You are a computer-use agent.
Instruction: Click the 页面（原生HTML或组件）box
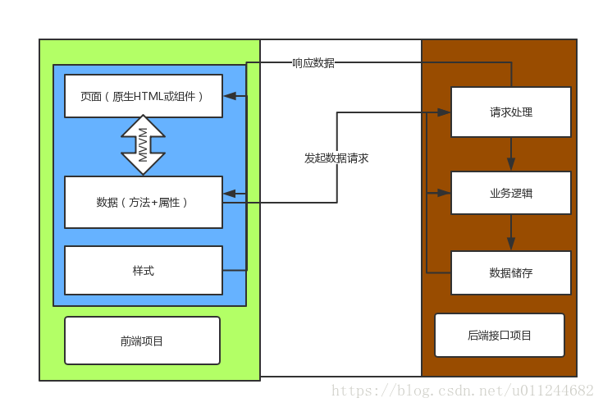144,96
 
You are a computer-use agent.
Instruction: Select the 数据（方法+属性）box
144,202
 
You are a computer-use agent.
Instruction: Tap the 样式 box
144,270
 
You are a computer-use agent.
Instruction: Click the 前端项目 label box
142,341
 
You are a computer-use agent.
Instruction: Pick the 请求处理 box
511,112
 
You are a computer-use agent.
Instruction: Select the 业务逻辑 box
511,194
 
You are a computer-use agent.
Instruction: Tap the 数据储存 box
511,272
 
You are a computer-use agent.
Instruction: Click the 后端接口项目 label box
500,335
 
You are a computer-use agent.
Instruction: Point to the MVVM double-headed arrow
144,144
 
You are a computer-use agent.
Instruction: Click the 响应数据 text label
313,63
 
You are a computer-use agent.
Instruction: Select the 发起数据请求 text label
336,158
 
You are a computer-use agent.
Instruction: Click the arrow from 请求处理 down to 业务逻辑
511,155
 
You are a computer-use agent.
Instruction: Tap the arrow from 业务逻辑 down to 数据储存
511,235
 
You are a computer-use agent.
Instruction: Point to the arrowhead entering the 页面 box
230,96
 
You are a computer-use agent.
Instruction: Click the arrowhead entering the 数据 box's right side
230,194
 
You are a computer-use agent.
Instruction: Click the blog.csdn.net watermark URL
461,391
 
